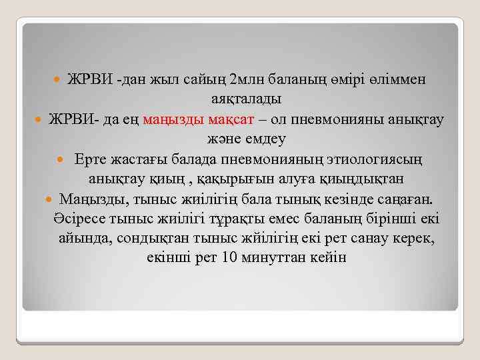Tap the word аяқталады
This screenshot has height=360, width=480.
[x=247, y=99]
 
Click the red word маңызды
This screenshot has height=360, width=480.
[x=185, y=119]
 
